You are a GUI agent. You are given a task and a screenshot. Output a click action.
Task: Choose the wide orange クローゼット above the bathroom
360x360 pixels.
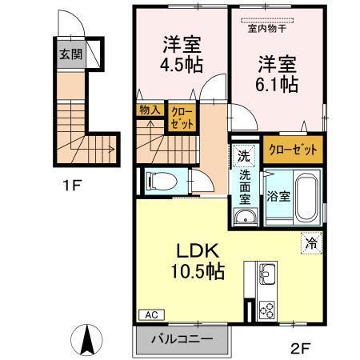[x=294, y=149]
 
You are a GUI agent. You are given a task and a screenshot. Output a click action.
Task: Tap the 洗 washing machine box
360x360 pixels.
[x=243, y=153]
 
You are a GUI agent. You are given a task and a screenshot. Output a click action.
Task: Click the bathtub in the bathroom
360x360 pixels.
[x=306, y=196]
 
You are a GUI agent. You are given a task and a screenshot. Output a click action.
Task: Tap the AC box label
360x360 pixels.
[x=150, y=315]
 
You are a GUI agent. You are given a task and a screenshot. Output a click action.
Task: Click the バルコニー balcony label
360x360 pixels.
[x=183, y=339]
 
